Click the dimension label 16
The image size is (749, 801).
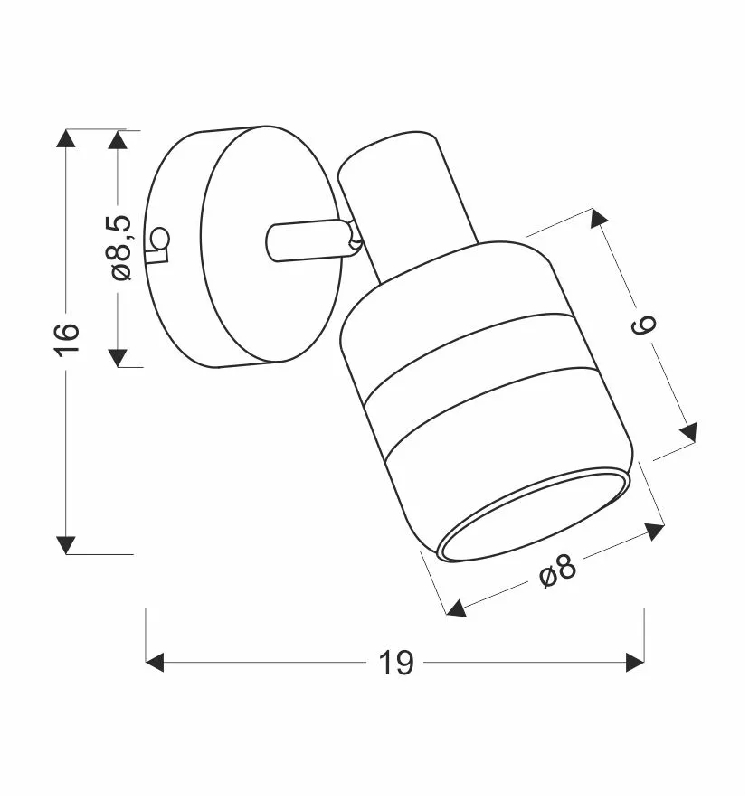[67, 339]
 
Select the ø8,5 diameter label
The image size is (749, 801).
[120, 248]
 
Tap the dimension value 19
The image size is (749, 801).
[395, 663]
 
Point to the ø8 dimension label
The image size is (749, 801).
[558, 570]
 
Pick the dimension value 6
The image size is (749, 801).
[644, 325]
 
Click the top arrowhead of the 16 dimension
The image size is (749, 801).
[66, 138]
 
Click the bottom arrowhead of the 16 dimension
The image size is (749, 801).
[66, 545]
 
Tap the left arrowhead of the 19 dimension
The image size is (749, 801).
[155, 663]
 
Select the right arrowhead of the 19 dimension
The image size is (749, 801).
[635, 663]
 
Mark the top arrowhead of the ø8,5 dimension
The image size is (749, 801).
[118, 140]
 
